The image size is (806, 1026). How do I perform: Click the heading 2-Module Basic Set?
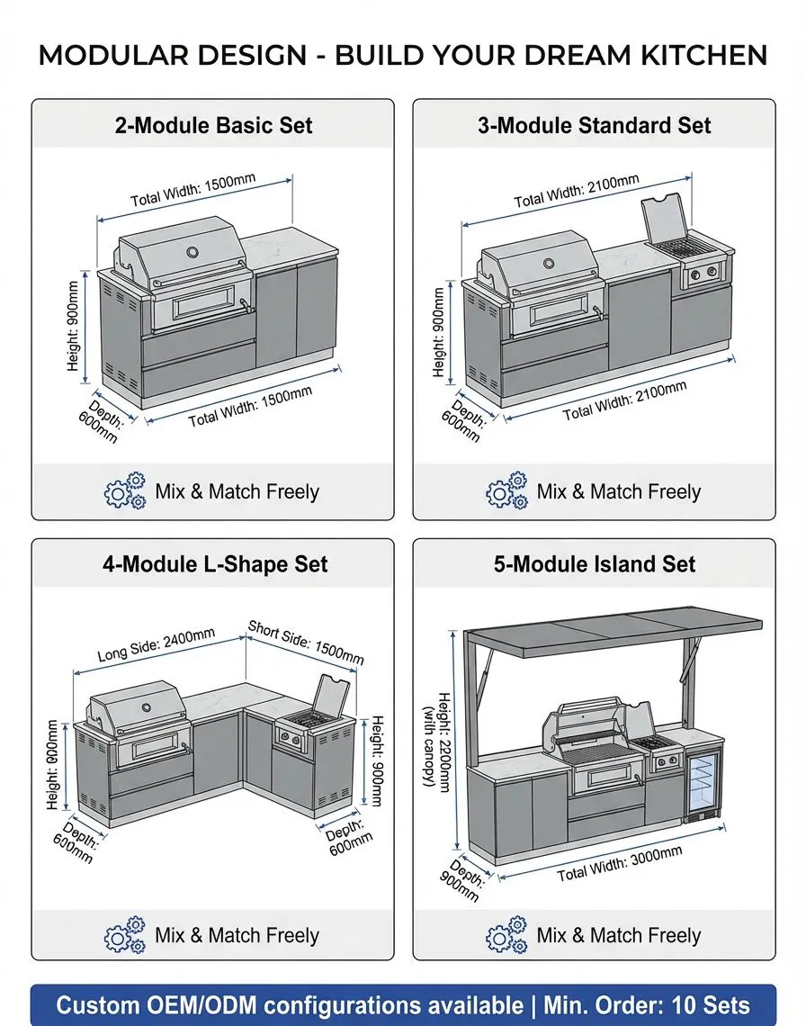click(213, 125)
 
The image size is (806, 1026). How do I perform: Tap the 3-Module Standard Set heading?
click(594, 125)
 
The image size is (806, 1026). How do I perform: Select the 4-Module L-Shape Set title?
click(215, 564)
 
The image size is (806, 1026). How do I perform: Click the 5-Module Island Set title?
click(594, 564)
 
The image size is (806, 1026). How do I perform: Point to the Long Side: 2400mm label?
click(157, 644)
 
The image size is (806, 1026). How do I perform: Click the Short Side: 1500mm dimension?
click(306, 643)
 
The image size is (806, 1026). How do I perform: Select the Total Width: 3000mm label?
click(620, 863)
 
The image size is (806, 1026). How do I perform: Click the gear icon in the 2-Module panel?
click(124, 490)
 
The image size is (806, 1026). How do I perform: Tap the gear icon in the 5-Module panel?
click(506, 934)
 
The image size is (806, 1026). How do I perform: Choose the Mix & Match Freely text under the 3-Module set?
click(618, 491)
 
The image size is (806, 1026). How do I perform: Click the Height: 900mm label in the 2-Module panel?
click(73, 326)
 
